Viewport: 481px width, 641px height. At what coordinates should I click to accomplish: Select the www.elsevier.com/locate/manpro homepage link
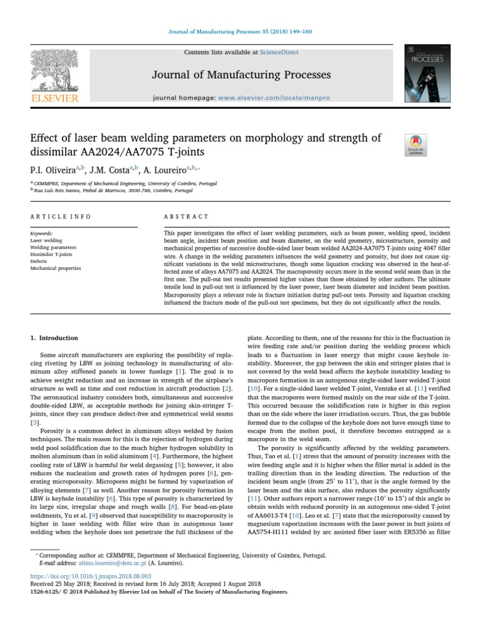[x=274, y=99]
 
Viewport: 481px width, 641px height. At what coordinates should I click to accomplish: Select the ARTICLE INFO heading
[x=61, y=217]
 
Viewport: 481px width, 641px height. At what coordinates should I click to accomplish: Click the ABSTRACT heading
[x=186, y=217]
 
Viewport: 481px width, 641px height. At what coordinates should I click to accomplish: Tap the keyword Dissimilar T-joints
[x=51, y=254]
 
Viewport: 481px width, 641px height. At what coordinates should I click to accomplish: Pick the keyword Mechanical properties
[x=56, y=268]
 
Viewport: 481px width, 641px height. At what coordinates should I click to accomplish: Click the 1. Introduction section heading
[x=54, y=337]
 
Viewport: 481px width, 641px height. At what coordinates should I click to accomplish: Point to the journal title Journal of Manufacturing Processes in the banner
[x=241, y=75]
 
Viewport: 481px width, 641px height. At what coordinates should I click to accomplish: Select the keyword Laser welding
[x=46, y=240]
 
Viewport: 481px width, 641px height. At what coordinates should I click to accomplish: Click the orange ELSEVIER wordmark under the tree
[x=55, y=98]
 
